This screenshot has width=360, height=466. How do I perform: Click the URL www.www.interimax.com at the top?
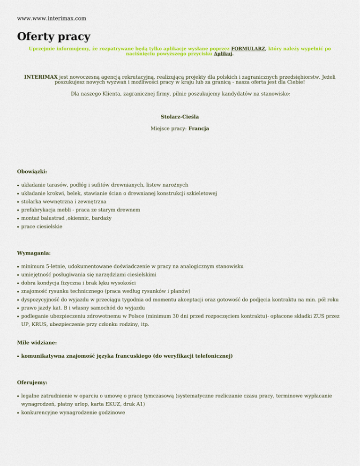[x=52, y=18]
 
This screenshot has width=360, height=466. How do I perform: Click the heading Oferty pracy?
[x=53, y=36]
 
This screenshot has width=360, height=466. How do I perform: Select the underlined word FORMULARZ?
[x=248, y=48]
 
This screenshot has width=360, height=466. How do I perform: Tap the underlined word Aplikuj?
[x=223, y=54]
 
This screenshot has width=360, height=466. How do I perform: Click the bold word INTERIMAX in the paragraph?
[x=41, y=76]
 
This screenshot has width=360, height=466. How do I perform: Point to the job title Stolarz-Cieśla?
[x=180, y=116]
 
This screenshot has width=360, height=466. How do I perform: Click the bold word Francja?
[x=199, y=128]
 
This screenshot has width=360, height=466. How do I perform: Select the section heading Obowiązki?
[x=32, y=172]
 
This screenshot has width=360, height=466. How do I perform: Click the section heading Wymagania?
[x=34, y=253]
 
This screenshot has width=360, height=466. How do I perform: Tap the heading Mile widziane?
[x=37, y=343]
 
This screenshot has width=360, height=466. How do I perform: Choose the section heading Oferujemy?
[x=32, y=383]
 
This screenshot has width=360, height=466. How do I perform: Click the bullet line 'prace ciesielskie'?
[x=42, y=226]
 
